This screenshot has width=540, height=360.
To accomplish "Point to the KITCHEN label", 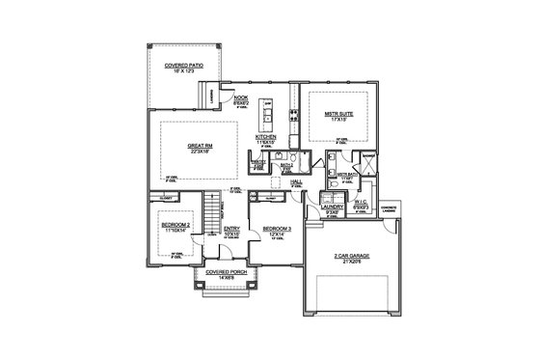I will [x=266, y=137].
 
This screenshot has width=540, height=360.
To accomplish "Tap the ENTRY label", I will [x=232, y=229].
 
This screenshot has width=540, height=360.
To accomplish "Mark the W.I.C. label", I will [x=363, y=201].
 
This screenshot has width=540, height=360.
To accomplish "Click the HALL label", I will [x=297, y=181].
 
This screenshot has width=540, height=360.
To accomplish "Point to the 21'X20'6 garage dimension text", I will [x=351, y=262].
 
